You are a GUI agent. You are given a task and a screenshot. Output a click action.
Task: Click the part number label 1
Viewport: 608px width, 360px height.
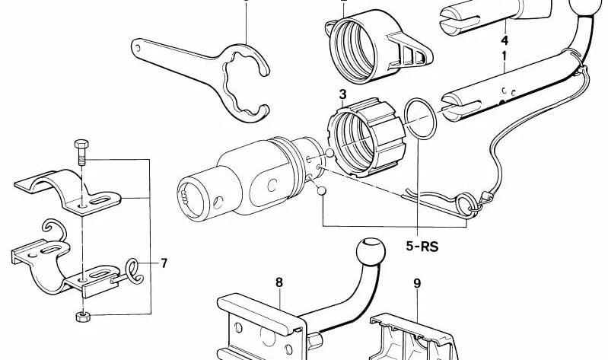(504, 56)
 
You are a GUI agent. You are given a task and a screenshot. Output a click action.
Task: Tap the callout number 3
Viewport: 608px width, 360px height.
(343, 94)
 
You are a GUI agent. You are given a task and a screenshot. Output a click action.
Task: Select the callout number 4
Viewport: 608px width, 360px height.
(504, 39)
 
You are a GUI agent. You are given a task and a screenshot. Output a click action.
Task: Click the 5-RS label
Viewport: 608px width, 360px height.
(423, 247)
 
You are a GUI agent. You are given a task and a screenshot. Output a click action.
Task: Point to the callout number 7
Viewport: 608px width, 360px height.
(164, 264)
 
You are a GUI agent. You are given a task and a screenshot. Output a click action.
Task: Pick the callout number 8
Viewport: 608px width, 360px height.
(279, 282)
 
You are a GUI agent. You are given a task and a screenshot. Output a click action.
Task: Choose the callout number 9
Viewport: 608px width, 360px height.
(416, 284)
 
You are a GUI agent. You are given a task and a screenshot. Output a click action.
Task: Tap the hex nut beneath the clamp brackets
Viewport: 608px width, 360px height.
(81, 314)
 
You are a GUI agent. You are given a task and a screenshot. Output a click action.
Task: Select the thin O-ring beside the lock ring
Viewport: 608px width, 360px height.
(419, 119)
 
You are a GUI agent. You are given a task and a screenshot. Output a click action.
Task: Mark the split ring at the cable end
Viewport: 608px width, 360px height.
(464, 204)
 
